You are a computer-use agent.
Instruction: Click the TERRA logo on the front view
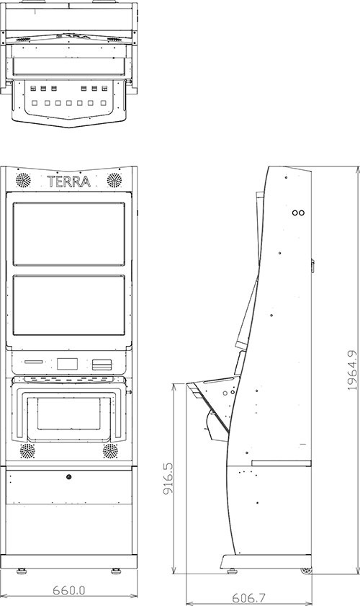click(68, 182)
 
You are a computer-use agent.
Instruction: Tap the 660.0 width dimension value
click(68, 590)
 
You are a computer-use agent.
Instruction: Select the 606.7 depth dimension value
click(248, 598)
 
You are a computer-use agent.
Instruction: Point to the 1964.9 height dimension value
click(352, 370)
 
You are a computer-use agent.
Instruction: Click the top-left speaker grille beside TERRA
click(23, 180)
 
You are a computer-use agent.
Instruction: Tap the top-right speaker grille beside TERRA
click(114, 180)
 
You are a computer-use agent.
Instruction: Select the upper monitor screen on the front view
click(68, 234)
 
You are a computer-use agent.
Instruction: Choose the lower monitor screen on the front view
click(68, 305)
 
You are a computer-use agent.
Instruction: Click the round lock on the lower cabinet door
click(68, 477)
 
